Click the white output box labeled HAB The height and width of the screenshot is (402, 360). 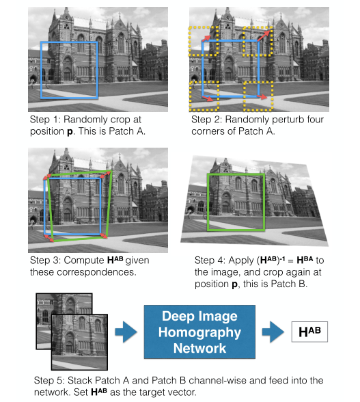click(309, 332)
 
